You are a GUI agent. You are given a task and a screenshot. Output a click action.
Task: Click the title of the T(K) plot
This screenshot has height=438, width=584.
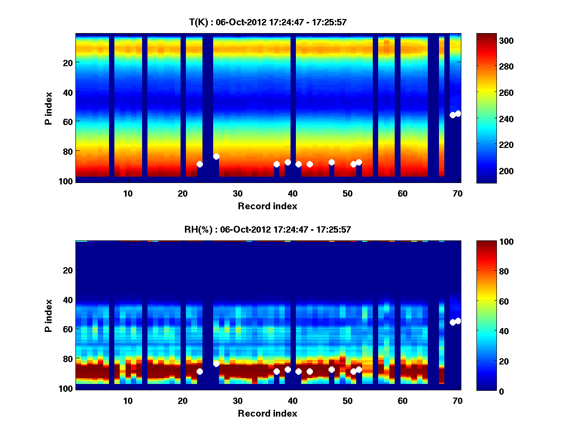point(268,22)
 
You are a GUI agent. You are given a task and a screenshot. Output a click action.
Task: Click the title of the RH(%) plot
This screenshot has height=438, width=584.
point(268,229)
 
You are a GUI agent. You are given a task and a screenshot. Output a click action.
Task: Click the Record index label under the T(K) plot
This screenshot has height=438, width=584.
point(268,206)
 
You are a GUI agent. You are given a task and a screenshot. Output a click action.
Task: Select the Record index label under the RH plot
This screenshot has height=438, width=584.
point(268,413)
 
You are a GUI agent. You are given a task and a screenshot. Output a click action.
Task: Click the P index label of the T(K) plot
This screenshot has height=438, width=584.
point(49,107)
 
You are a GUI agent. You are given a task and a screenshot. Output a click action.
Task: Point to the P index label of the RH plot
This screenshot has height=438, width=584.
point(49,314)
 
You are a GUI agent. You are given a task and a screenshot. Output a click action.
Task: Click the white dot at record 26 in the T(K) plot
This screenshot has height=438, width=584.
point(216,156)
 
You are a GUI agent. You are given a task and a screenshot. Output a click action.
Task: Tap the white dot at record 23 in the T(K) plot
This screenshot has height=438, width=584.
point(200,164)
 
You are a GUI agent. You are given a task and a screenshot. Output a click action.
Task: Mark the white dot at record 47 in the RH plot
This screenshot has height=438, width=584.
point(331,369)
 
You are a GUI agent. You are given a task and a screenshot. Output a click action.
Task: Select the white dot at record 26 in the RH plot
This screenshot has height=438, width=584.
point(216,364)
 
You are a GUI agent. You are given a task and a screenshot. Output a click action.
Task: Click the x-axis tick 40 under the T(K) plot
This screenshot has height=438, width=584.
point(292,193)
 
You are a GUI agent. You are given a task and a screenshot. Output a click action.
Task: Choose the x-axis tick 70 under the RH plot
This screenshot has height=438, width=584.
point(457,401)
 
